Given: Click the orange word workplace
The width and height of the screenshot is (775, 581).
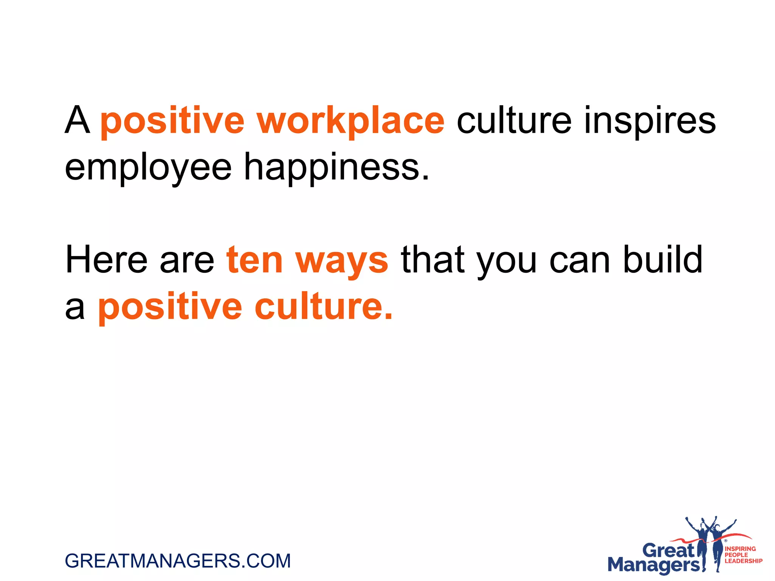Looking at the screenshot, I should [x=350, y=121].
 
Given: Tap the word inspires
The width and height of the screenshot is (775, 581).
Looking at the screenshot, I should [x=650, y=121].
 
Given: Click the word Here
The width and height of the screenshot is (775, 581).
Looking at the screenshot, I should [x=106, y=260].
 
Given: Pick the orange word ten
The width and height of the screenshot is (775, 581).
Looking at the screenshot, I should [x=254, y=260].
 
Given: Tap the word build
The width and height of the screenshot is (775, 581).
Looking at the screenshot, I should [x=663, y=260].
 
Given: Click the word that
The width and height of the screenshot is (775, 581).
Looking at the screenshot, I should [x=433, y=260].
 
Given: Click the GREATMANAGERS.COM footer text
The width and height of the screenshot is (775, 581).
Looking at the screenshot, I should [x=178, y=561].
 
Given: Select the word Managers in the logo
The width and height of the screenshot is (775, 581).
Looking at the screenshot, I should [x=654, y=565].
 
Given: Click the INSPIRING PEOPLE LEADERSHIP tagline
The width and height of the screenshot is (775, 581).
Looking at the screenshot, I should [x=743, y=555].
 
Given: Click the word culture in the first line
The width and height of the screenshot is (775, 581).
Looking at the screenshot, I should [x=514, y=121].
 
